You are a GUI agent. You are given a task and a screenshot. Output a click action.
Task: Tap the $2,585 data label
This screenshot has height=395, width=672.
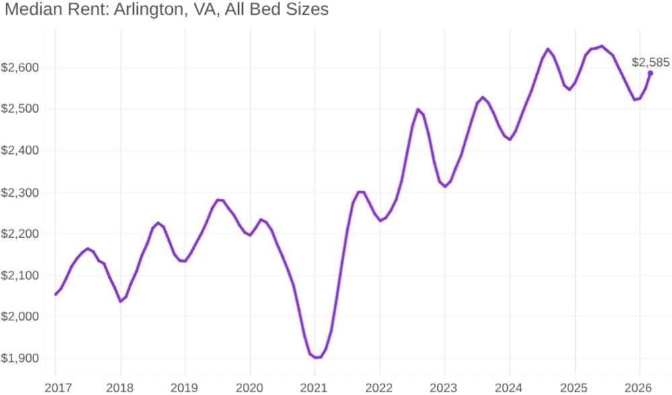point(650,62)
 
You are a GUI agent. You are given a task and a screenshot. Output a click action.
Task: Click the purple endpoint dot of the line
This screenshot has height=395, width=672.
point(650,73)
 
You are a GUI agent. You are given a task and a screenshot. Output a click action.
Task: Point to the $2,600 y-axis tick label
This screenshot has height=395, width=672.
point(20,67)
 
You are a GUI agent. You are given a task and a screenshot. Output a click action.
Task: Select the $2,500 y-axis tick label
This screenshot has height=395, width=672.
point(20,109)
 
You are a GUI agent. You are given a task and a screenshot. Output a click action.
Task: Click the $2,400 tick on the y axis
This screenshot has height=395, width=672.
point(20,150)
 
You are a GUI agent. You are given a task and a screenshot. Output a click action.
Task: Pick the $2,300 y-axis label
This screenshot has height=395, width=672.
point(20,192)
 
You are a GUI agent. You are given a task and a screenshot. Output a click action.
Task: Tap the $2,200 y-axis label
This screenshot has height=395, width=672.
point(20,234)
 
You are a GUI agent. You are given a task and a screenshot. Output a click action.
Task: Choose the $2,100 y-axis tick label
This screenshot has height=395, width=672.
point(20,275)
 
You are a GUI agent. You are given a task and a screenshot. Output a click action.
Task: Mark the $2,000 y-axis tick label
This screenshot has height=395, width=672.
point(20,316)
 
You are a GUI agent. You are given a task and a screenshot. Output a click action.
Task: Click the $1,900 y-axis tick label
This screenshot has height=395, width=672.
point(20,358)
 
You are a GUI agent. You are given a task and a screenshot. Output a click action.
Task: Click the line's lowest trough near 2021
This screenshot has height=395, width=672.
point(316,357)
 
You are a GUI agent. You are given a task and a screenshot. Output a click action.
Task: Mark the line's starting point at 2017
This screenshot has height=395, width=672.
point(56,294)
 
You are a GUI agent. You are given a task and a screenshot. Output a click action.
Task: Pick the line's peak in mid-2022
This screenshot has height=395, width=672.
point(418,109)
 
